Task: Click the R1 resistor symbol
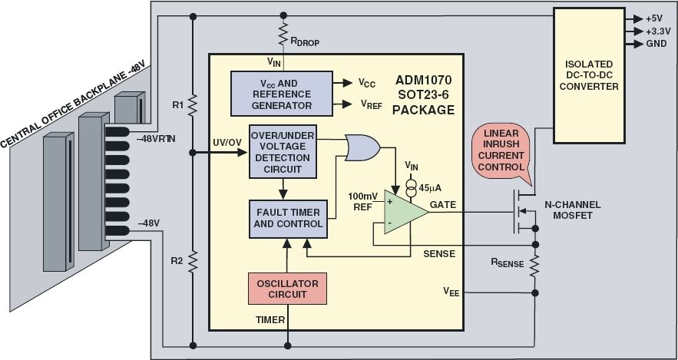[193, 103]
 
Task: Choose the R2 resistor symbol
[193, 262]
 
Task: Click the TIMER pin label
[270, 319]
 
